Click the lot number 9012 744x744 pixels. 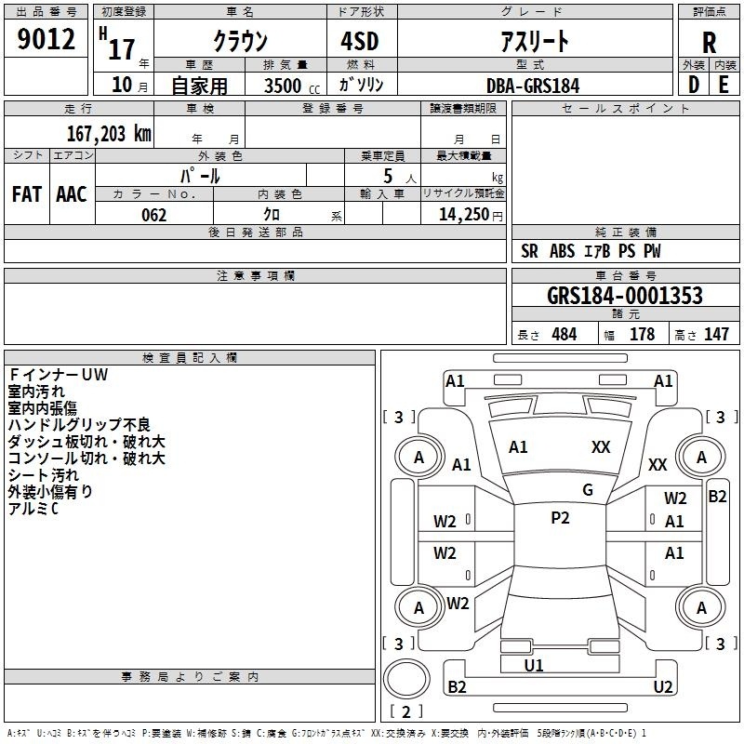coord(46,39)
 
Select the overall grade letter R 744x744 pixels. coord(709,43)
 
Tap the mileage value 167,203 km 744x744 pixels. coord(109,134)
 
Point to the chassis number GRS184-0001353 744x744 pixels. coord(625,296)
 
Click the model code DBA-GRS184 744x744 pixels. coord(533,86)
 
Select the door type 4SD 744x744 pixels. coord(360,41)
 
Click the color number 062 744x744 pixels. coord(154,215)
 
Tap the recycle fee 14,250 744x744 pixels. coord(464,215)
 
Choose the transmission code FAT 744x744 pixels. coord(27,194)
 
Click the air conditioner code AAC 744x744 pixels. coord(72,194)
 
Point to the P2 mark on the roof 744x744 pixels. coord(560,518)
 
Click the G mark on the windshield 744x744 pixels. coord(588,490)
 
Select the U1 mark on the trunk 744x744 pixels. coord(534,666)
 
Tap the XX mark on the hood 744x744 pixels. coord(601,447)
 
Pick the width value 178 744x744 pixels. coord(642,334)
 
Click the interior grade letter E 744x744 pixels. coord(724,85)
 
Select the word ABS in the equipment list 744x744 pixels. coord(563,251)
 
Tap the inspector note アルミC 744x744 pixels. coord(33,509)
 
